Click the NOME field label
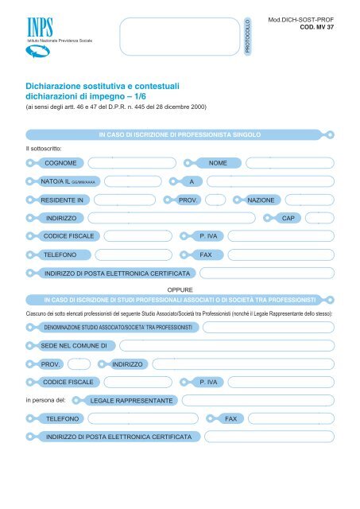[218, 162]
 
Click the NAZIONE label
[261, 200]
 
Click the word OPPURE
[180, 290]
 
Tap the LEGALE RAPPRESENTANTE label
[132, 400]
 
